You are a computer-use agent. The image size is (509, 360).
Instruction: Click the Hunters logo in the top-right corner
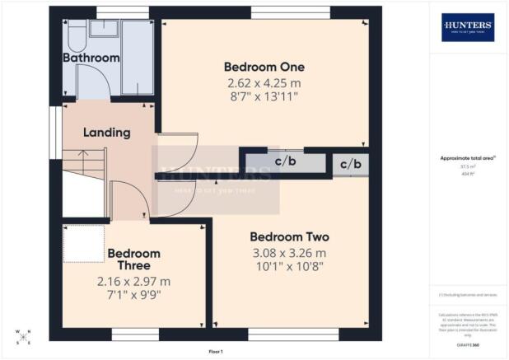click(x=468, y=26)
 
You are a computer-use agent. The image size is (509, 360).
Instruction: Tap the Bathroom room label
click(x=91, y=58)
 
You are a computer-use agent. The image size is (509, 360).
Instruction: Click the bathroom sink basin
click(x=103, y=29)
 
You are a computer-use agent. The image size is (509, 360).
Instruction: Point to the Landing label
click(x=107, y=132)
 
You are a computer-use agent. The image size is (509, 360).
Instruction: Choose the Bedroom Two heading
click(x=287, y=236)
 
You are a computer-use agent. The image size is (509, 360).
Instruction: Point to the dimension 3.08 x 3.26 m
click(x=287, y=252)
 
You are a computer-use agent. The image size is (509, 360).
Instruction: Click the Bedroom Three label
click(x=133, y=259)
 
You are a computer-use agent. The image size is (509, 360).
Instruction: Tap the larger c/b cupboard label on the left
click(x=286, y=161)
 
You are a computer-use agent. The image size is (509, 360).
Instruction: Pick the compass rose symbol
click(x=24, y=337)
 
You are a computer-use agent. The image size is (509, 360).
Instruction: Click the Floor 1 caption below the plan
click(x=216, y=352)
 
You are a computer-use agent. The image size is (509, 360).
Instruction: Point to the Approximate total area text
click(x=467, y=158)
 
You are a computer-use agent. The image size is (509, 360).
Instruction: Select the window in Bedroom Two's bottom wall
click(x=292, y=333)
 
